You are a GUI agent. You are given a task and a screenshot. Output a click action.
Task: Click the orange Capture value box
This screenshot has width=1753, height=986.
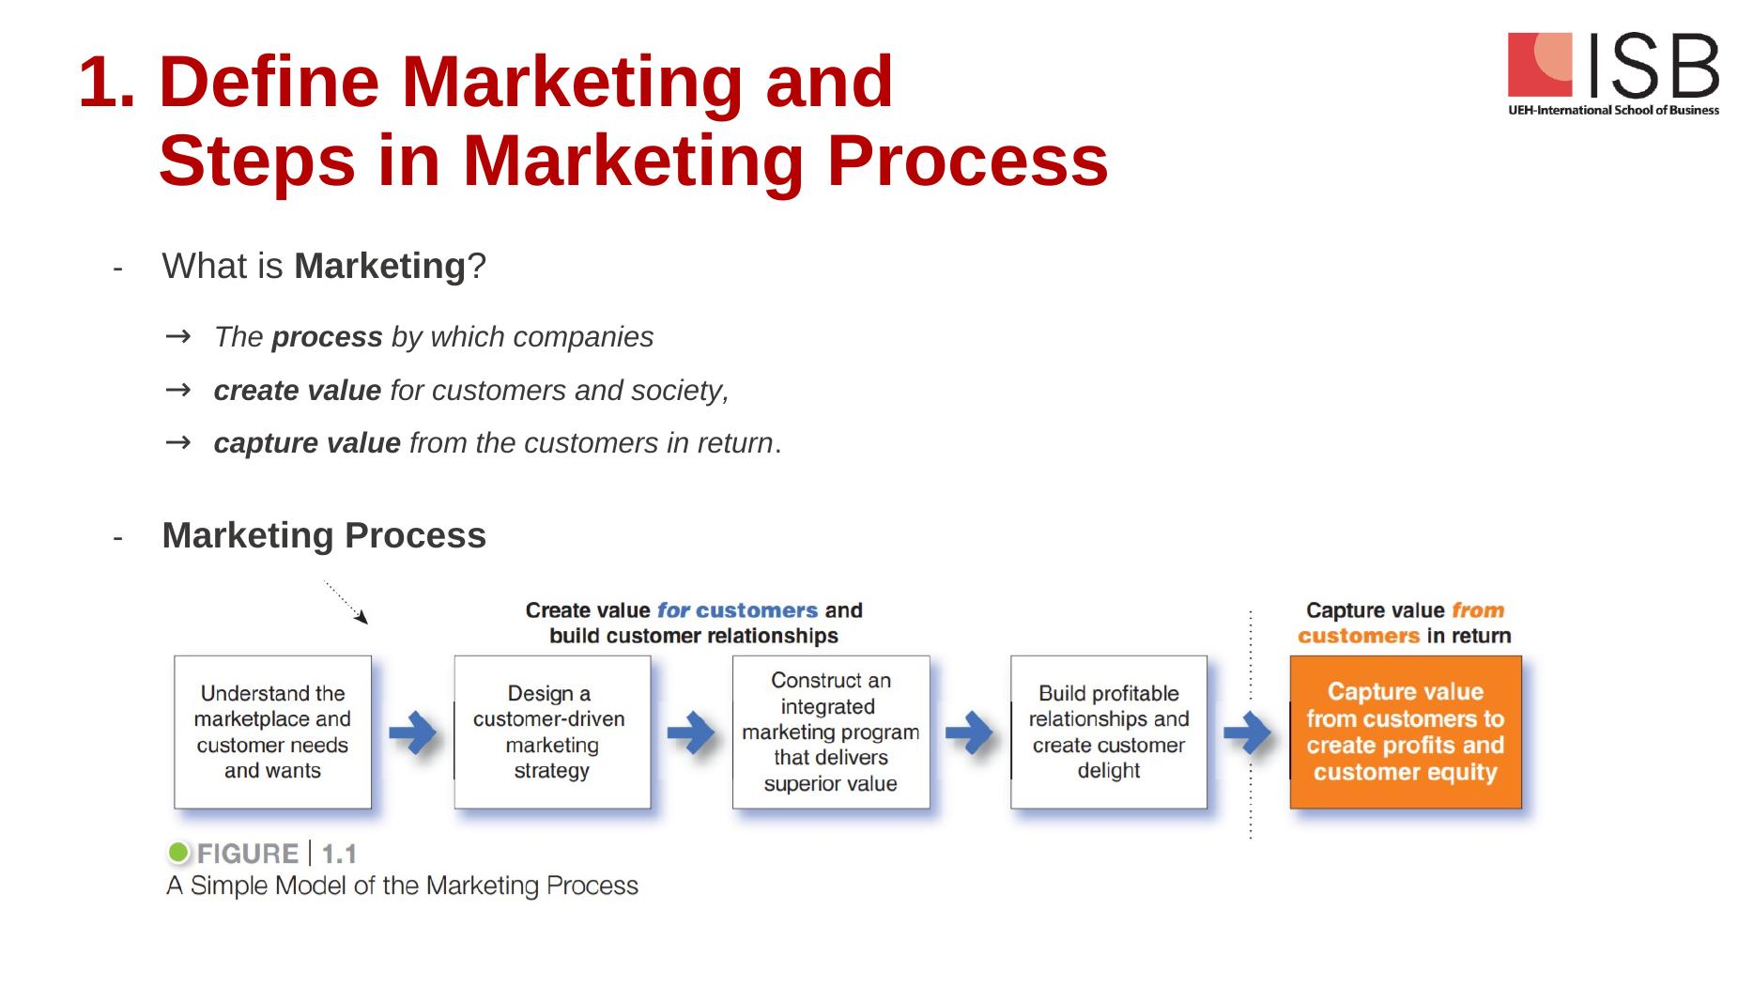(1405, 732)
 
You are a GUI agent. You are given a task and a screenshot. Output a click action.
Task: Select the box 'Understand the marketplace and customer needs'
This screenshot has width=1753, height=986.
(272, 732)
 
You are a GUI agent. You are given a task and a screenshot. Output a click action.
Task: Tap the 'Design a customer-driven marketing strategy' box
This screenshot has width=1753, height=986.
(552, 732)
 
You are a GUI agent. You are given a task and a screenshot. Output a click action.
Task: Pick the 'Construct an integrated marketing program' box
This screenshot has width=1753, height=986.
(831, 732)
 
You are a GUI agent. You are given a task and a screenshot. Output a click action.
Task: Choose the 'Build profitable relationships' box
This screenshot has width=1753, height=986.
(1109, 732)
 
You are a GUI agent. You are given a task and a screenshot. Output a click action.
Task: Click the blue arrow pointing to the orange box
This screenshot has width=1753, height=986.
(1248, 732)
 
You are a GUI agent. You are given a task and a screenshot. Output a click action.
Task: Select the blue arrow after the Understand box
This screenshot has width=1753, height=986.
(412, 732)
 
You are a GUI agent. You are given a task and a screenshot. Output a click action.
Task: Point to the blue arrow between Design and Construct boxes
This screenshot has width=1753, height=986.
(691, 732)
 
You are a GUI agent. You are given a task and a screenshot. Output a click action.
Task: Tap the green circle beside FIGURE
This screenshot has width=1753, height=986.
(178, 853)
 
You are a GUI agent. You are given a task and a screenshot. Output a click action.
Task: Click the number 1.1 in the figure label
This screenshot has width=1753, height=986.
(339, 854)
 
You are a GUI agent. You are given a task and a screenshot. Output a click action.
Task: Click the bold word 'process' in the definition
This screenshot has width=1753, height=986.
(327, 337)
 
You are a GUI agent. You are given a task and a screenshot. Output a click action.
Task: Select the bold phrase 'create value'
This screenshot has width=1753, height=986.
(297, 390)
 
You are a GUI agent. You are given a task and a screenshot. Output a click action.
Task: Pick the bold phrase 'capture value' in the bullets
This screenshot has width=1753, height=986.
(307, 442)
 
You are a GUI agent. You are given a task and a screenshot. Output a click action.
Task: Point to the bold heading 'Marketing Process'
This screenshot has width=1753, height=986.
(324, 535)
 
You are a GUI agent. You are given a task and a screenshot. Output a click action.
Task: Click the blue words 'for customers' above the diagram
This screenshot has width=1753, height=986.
(737, 610)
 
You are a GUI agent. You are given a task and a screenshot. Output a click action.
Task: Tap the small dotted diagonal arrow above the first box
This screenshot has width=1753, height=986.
(346, 602)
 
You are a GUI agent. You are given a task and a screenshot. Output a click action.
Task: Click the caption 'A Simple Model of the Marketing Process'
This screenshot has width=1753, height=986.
(402, 886)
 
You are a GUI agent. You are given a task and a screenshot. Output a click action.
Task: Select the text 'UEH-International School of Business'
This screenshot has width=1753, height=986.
(1613, 110)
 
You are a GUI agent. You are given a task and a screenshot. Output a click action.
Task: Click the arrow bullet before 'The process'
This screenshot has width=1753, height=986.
(177, 336)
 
